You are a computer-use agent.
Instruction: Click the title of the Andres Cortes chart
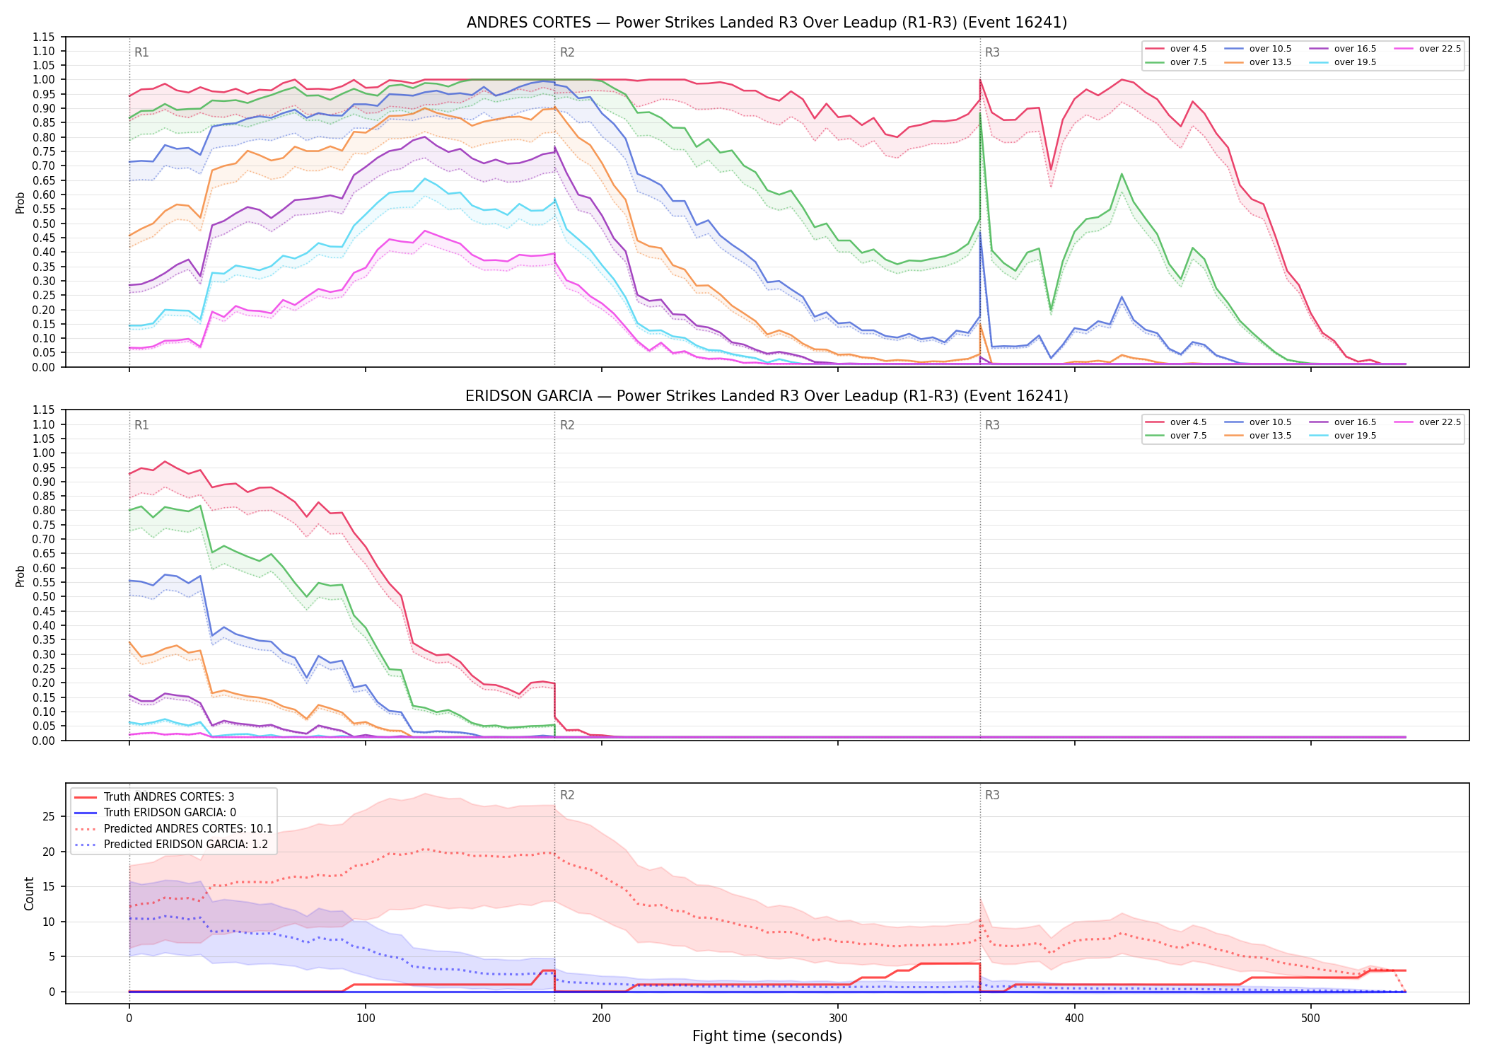(x=767, y=23)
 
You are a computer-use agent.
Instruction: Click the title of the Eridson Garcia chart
(x=767, y=396)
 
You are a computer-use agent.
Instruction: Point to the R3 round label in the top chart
(x=992, y=52)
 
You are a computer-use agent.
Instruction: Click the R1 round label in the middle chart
(x=141, y=425)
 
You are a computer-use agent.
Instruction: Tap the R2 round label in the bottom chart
(x=567, y=795)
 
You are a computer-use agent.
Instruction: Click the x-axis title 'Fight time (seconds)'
(x=767, y=1036)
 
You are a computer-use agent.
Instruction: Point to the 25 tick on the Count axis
(x=49, y=817)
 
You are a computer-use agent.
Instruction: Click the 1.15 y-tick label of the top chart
(x=44, y=37)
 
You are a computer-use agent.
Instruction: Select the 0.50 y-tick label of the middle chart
(x=44, y=597)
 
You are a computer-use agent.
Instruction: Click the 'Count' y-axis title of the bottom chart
(x=29, y=893)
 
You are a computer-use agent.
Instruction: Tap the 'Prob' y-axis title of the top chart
(x=21, y=202)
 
